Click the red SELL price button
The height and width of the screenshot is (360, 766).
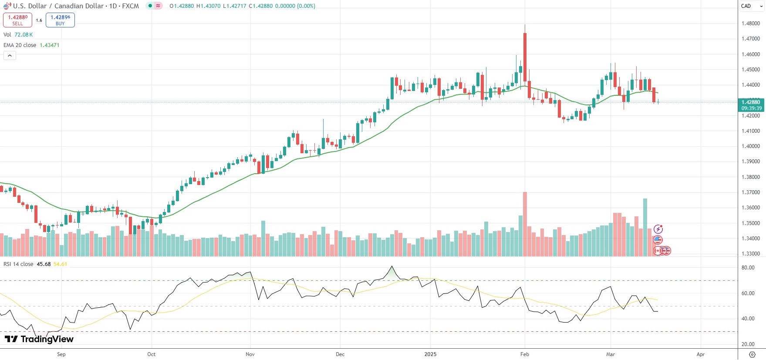click(17, 20)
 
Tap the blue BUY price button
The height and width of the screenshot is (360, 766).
click(60, 20)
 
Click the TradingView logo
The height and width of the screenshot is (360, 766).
click(39, 339)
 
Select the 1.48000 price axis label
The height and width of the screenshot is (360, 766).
click(750, 24)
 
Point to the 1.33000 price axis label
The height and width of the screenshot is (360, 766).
click(750, 254)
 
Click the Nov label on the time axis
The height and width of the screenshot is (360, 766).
click(250, 354)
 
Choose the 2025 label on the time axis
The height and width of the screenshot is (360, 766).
click(430, 354)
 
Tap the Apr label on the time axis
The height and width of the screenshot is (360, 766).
click(700, 354)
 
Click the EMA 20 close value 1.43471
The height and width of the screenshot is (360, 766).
click(49, 45)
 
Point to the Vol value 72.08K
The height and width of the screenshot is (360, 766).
click(24, 35)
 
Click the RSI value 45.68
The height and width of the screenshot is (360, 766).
click(44, 264)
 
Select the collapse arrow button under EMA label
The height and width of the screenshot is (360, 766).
click(10, 56)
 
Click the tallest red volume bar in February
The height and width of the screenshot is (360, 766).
click(525, 224)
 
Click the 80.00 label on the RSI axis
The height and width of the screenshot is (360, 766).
click(748, 268)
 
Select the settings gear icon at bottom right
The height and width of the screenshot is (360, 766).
click(752, 354)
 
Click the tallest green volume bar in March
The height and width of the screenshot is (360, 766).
click(645, 227)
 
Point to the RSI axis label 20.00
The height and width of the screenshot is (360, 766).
click(748, 344)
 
